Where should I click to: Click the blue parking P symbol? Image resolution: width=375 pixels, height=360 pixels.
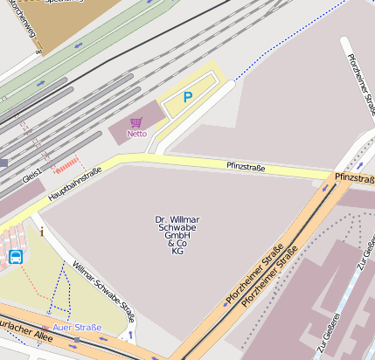coord(187,98)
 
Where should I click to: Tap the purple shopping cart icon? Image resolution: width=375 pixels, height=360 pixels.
coord(135,122)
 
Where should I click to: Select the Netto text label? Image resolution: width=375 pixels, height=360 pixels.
coord(136,134)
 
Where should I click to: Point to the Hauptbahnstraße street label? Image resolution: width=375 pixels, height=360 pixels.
coord(74,185)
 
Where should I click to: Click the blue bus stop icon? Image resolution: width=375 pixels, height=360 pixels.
coord(16,257)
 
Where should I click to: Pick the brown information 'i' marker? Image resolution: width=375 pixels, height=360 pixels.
coord(41,232)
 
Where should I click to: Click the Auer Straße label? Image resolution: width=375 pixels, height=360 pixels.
coord(77,328)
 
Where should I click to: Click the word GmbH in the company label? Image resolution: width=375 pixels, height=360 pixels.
coord(177,236)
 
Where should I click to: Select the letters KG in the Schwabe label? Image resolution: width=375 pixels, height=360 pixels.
coord(177,252)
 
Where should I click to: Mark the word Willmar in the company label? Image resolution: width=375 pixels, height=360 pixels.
coord(186,219)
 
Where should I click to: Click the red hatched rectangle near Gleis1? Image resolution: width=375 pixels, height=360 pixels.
coord(66,163)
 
